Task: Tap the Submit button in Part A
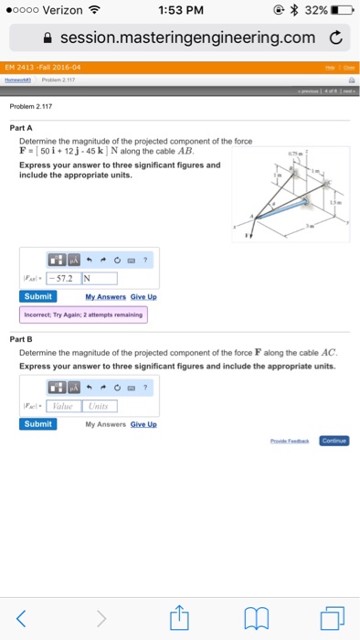point(38,296)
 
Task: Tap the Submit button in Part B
point(38,423)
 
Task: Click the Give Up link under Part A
point(143,297)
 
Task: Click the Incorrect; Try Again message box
point(83,315)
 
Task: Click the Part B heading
point(31,336)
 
